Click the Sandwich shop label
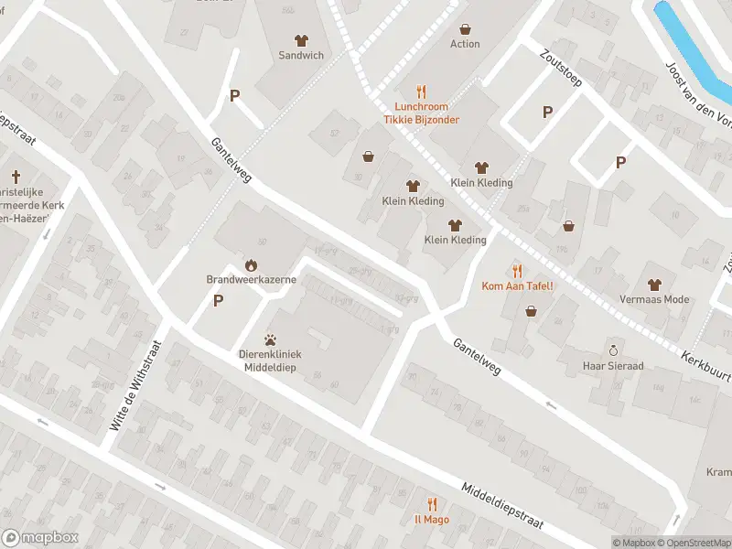[301, 55]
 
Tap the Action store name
[465, 44]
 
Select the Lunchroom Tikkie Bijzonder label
[421, 113]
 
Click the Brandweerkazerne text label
[250, 279]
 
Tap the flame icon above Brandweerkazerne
[250, 264]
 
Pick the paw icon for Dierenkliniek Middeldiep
[272, 339]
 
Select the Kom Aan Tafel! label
[518, 285]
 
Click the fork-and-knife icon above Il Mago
[432, 503]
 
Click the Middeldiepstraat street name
[502, 506]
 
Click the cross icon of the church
[16, 175]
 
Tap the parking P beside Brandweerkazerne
[218, 300]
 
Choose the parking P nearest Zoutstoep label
[547, 112]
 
